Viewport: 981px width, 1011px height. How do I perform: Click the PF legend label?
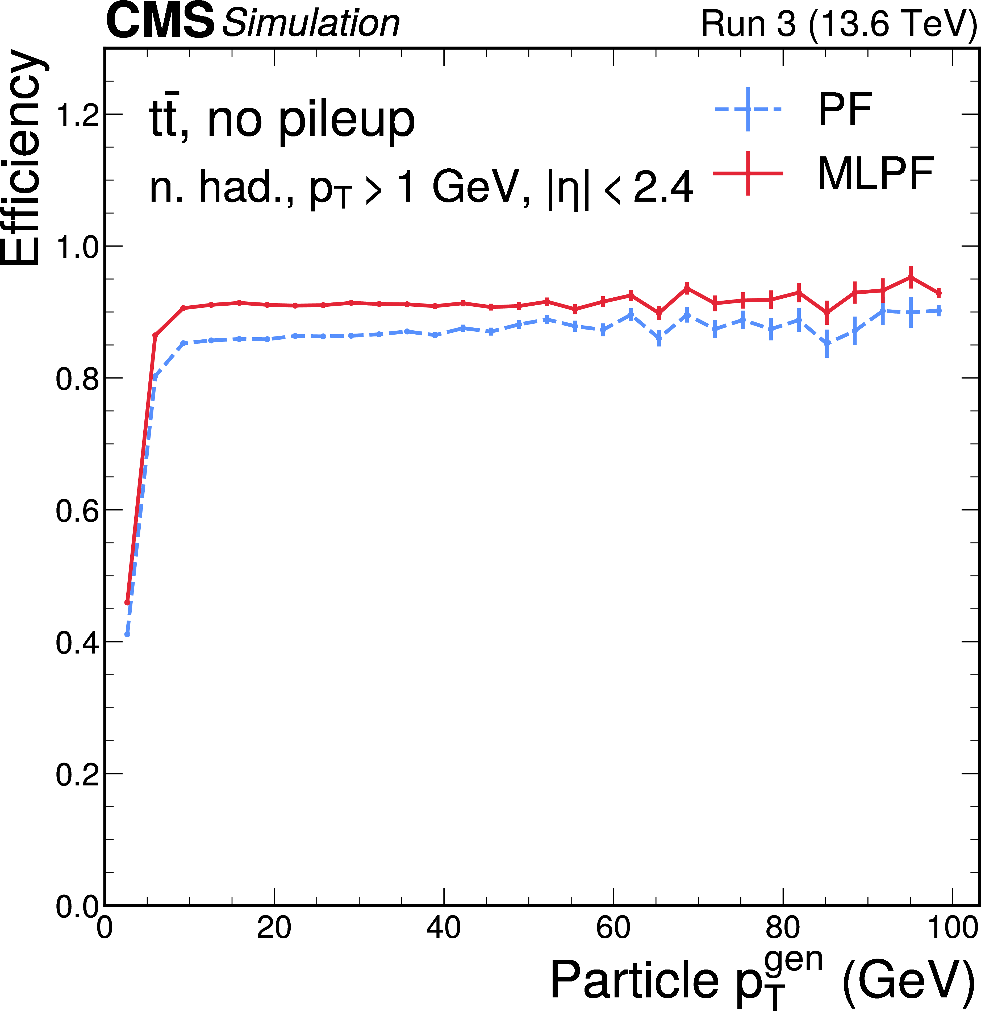[x=845, y=109]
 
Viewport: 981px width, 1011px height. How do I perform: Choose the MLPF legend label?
[x=875, y=174]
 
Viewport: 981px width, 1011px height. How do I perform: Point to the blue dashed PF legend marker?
[x=748, y=109]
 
